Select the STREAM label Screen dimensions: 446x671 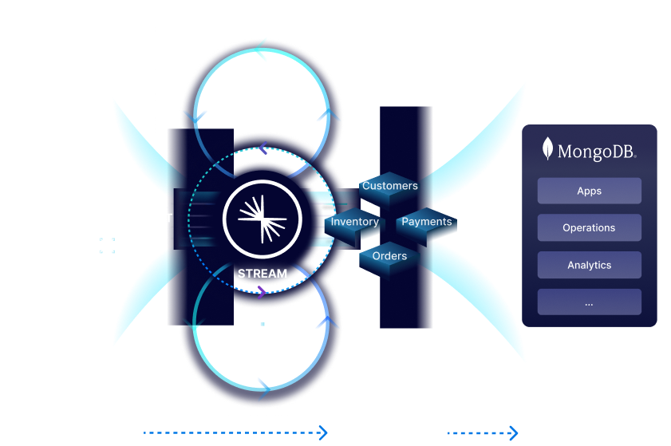[262, 274]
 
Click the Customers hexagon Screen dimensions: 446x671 [389, 187]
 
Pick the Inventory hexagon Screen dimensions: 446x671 [354, 223]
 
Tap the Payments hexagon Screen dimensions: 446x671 [426, 223]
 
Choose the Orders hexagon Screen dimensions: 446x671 [389, 257]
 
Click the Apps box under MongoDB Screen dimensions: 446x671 [589, 191]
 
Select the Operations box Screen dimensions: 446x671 [589, 228]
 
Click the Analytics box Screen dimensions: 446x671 [589, 265]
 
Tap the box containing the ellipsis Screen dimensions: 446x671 [589, 302]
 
